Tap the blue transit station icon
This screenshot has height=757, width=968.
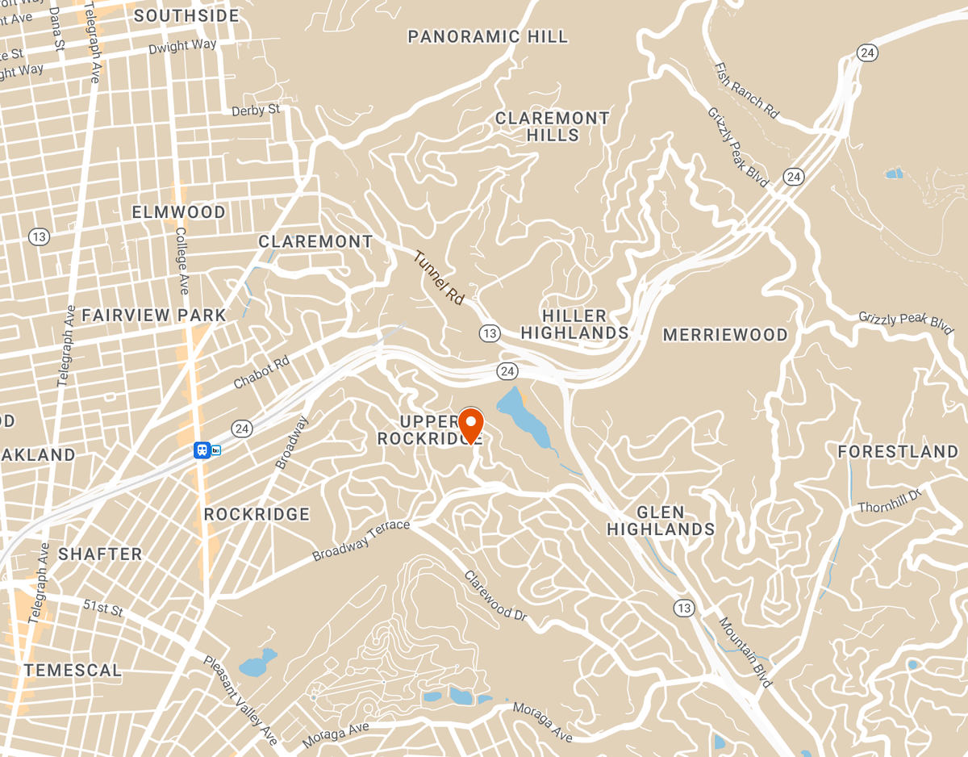(202, 450)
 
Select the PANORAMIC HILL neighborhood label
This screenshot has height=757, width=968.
(487, 36)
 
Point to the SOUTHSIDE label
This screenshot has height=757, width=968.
(186, 15)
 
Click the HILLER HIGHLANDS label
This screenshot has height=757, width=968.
(574, 324)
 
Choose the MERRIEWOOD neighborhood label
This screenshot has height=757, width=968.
(724, 335)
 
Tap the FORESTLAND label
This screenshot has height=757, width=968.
(897, 451)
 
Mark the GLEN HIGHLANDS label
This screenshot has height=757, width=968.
(661, 521)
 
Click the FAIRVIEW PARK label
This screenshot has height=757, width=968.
(153, 315)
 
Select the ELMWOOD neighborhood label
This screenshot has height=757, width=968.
(178, 212)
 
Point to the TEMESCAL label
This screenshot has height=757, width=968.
(73, 670)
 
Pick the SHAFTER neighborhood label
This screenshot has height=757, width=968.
(100, 554)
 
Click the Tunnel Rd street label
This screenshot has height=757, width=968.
(440, 278)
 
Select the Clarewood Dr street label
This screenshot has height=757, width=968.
(495, 596)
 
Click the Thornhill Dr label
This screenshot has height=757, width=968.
(889, 501)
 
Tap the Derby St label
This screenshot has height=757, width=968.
(255, 110)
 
